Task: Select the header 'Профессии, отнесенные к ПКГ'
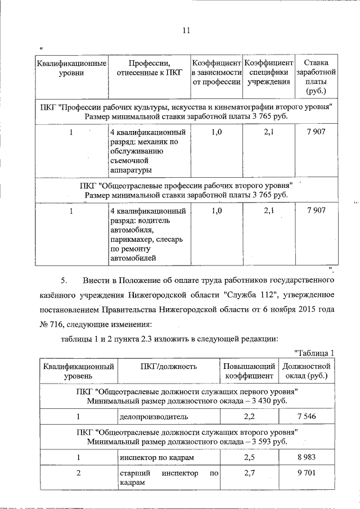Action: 149,67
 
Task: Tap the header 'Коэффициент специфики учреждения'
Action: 269,72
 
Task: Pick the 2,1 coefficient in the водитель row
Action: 269,210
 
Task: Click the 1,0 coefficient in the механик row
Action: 217,132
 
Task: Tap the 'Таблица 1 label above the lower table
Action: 315,353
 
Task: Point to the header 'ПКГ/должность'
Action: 168,367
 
